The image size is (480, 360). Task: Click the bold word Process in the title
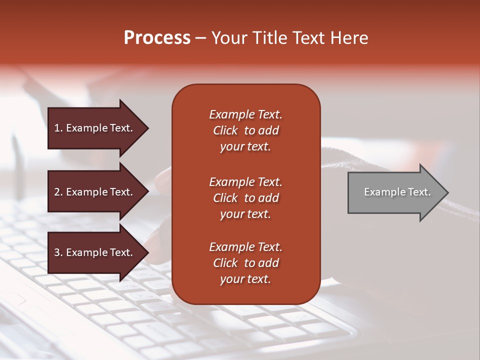coord(157,38)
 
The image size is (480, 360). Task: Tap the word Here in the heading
coord(347,38)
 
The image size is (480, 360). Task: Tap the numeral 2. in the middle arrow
coord(58,192)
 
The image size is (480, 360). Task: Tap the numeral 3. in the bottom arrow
coord(58,252)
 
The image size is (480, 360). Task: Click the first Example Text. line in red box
coord(245,114)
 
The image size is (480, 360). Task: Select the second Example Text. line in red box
coord(245,182)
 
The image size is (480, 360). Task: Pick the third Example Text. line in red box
coord(245,247)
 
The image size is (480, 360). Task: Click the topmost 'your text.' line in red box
coord(245,147)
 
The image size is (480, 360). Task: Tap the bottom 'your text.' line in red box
coord(245,279)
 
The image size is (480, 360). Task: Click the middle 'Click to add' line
coord(245,198)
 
